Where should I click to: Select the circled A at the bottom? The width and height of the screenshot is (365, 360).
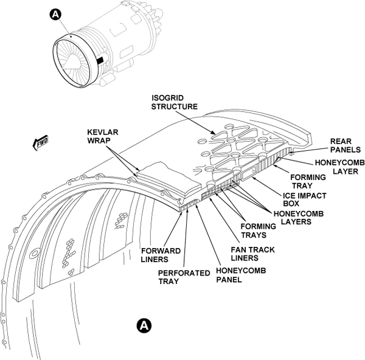144,325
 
